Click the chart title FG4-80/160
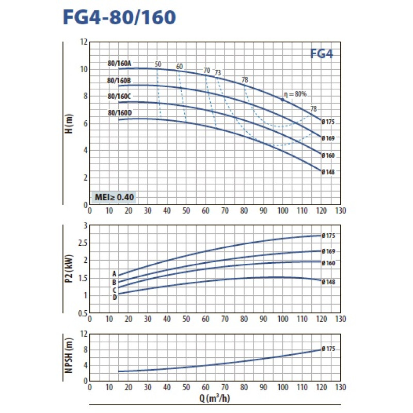pyautogui.click(x=119, y=18)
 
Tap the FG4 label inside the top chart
pyautogui.click(x=322, y=54)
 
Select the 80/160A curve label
pyautogui.click(x=120, y=63)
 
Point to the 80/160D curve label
pyautogui.click(x=120, y=113)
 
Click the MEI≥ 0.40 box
pyautogui.click(x=114, y=197)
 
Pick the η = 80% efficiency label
pyautogui.click(x=296, y=94)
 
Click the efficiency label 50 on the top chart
pyautogui.click(x=158, y=64)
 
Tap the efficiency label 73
pyautogui.click(x=218, y=73)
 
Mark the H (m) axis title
pyautogui.click(x=70, y=124)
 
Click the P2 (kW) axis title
pyautogui.click(x=70, y=269)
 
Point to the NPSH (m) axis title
pyautogui.click(x=70, y=358)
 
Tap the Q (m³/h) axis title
pyautogui.click(x=214, y=398)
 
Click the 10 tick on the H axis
pyautogui.click(x=84, y=69)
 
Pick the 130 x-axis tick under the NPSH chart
pyautogui.click(x=340, y=387)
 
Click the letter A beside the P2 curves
pyautogui.click(x=115, y=274)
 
